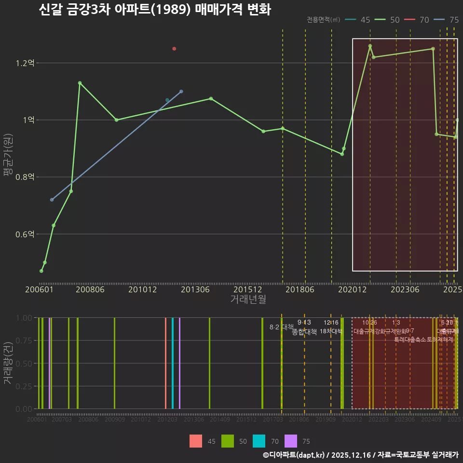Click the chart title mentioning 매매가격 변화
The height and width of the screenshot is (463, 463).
(x=154, y=10)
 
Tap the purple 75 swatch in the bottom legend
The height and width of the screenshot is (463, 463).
(x=291, y=441)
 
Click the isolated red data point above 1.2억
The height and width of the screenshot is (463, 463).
(x=174, y=49)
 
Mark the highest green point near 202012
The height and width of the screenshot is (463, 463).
(x=370, y=46)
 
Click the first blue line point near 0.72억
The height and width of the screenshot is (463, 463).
(x=52, y=200)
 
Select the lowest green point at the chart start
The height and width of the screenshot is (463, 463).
(x=41, y=271)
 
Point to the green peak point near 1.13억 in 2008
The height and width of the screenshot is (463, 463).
(x=80, y=83)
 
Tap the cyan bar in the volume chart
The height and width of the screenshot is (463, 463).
(x=173, y=363)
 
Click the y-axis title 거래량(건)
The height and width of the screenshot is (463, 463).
(x=8, y=363)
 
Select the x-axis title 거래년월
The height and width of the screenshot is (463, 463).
(x=248, y=300)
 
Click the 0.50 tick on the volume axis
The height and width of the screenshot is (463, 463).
(x=24, y=363)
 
